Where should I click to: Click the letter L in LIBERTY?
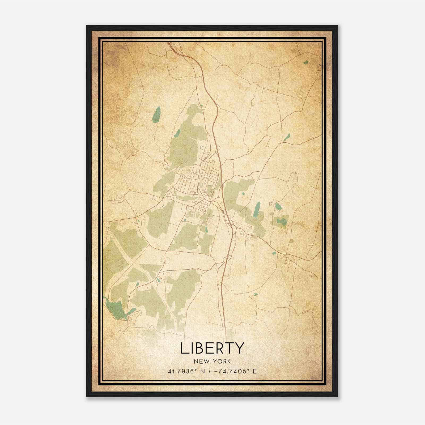[184, 348]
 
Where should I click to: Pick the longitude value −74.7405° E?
[234, 371]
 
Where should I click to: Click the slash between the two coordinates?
[210, 371]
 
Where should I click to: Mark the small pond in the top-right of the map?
[306, 62]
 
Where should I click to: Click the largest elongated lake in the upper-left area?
[156, 114]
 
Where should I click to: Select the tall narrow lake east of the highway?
[257, 209]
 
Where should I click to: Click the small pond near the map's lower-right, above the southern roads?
[256, 294]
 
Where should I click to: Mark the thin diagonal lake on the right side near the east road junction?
[287, 137]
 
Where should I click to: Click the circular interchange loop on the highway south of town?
[225, 260]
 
